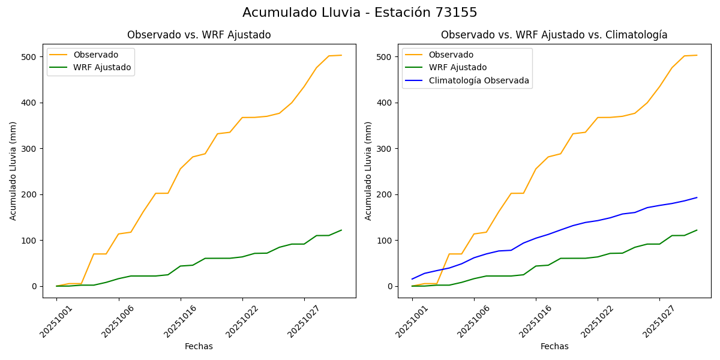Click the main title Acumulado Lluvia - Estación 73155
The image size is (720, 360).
(360, 13)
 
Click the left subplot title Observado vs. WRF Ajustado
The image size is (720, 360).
(199, 35)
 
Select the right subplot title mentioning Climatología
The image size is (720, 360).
(554, 35)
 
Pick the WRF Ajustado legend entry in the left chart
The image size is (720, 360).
(102, 67)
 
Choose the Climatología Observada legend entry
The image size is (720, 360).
(478, 80)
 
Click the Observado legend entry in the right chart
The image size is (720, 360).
(451, 55)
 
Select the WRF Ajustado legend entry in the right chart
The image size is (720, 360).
(457, 67)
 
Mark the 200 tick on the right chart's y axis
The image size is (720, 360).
(386, 194)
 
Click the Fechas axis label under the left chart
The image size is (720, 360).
(199, 346)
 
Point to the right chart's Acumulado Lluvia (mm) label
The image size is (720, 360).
(368, 170)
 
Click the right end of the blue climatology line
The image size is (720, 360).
(697, 197)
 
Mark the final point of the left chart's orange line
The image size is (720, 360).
(341, 55)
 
